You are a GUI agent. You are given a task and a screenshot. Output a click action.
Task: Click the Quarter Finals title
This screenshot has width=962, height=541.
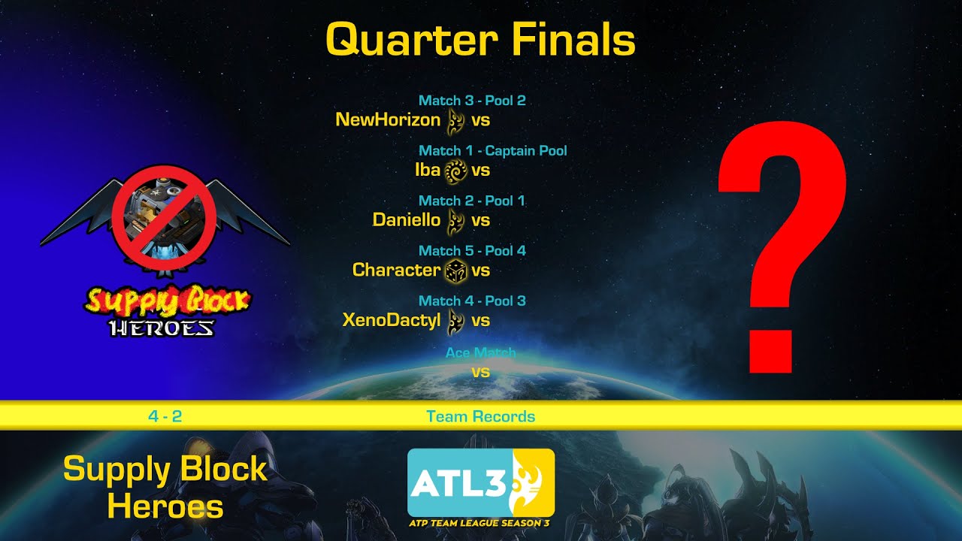(x=480, y=41)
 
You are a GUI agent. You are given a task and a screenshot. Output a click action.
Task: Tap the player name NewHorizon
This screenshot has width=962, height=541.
(x=388, y=119)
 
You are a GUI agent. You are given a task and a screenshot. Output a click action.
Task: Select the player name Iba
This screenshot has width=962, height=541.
(x=427, y=170)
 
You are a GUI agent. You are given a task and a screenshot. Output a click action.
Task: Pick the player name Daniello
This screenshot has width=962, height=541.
(x=407, y=220)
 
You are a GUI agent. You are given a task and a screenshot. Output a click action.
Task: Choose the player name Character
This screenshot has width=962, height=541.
(x=396, y=270)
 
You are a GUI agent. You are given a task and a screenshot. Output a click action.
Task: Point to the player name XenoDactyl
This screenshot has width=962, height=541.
(x=392, y=320)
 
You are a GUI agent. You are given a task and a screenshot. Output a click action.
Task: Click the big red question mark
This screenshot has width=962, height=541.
(x=782, y=248)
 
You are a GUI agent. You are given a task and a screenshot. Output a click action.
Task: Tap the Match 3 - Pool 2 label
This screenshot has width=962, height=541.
(x=472, y=101)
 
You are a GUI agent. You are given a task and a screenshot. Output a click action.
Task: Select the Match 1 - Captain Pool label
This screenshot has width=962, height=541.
(x=492, y=151)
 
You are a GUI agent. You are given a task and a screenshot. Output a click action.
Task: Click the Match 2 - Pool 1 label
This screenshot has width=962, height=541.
(x=472, y=201)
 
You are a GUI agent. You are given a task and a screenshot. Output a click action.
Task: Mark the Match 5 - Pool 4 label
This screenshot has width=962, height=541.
(x=472, y=251)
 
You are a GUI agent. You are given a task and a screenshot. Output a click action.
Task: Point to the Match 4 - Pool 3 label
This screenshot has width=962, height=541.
(x=472, y=301)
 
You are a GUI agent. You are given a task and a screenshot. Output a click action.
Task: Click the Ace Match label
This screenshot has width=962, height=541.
(x=480, y=352)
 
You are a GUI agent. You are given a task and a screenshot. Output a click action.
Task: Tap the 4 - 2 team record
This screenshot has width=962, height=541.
(x=165, y=416)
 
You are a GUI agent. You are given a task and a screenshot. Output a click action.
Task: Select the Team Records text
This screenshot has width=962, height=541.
(x=480, y=416)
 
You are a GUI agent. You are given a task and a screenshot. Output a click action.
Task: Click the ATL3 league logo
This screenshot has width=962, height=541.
(x=480, y=482)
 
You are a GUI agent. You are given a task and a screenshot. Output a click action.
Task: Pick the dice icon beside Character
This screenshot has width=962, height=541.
(x=455, y=270)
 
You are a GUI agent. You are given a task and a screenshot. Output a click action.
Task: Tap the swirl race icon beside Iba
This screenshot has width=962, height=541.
(x=455, y=171)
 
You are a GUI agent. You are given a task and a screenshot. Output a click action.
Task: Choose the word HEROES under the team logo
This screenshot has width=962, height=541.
(x=162, y=328)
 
